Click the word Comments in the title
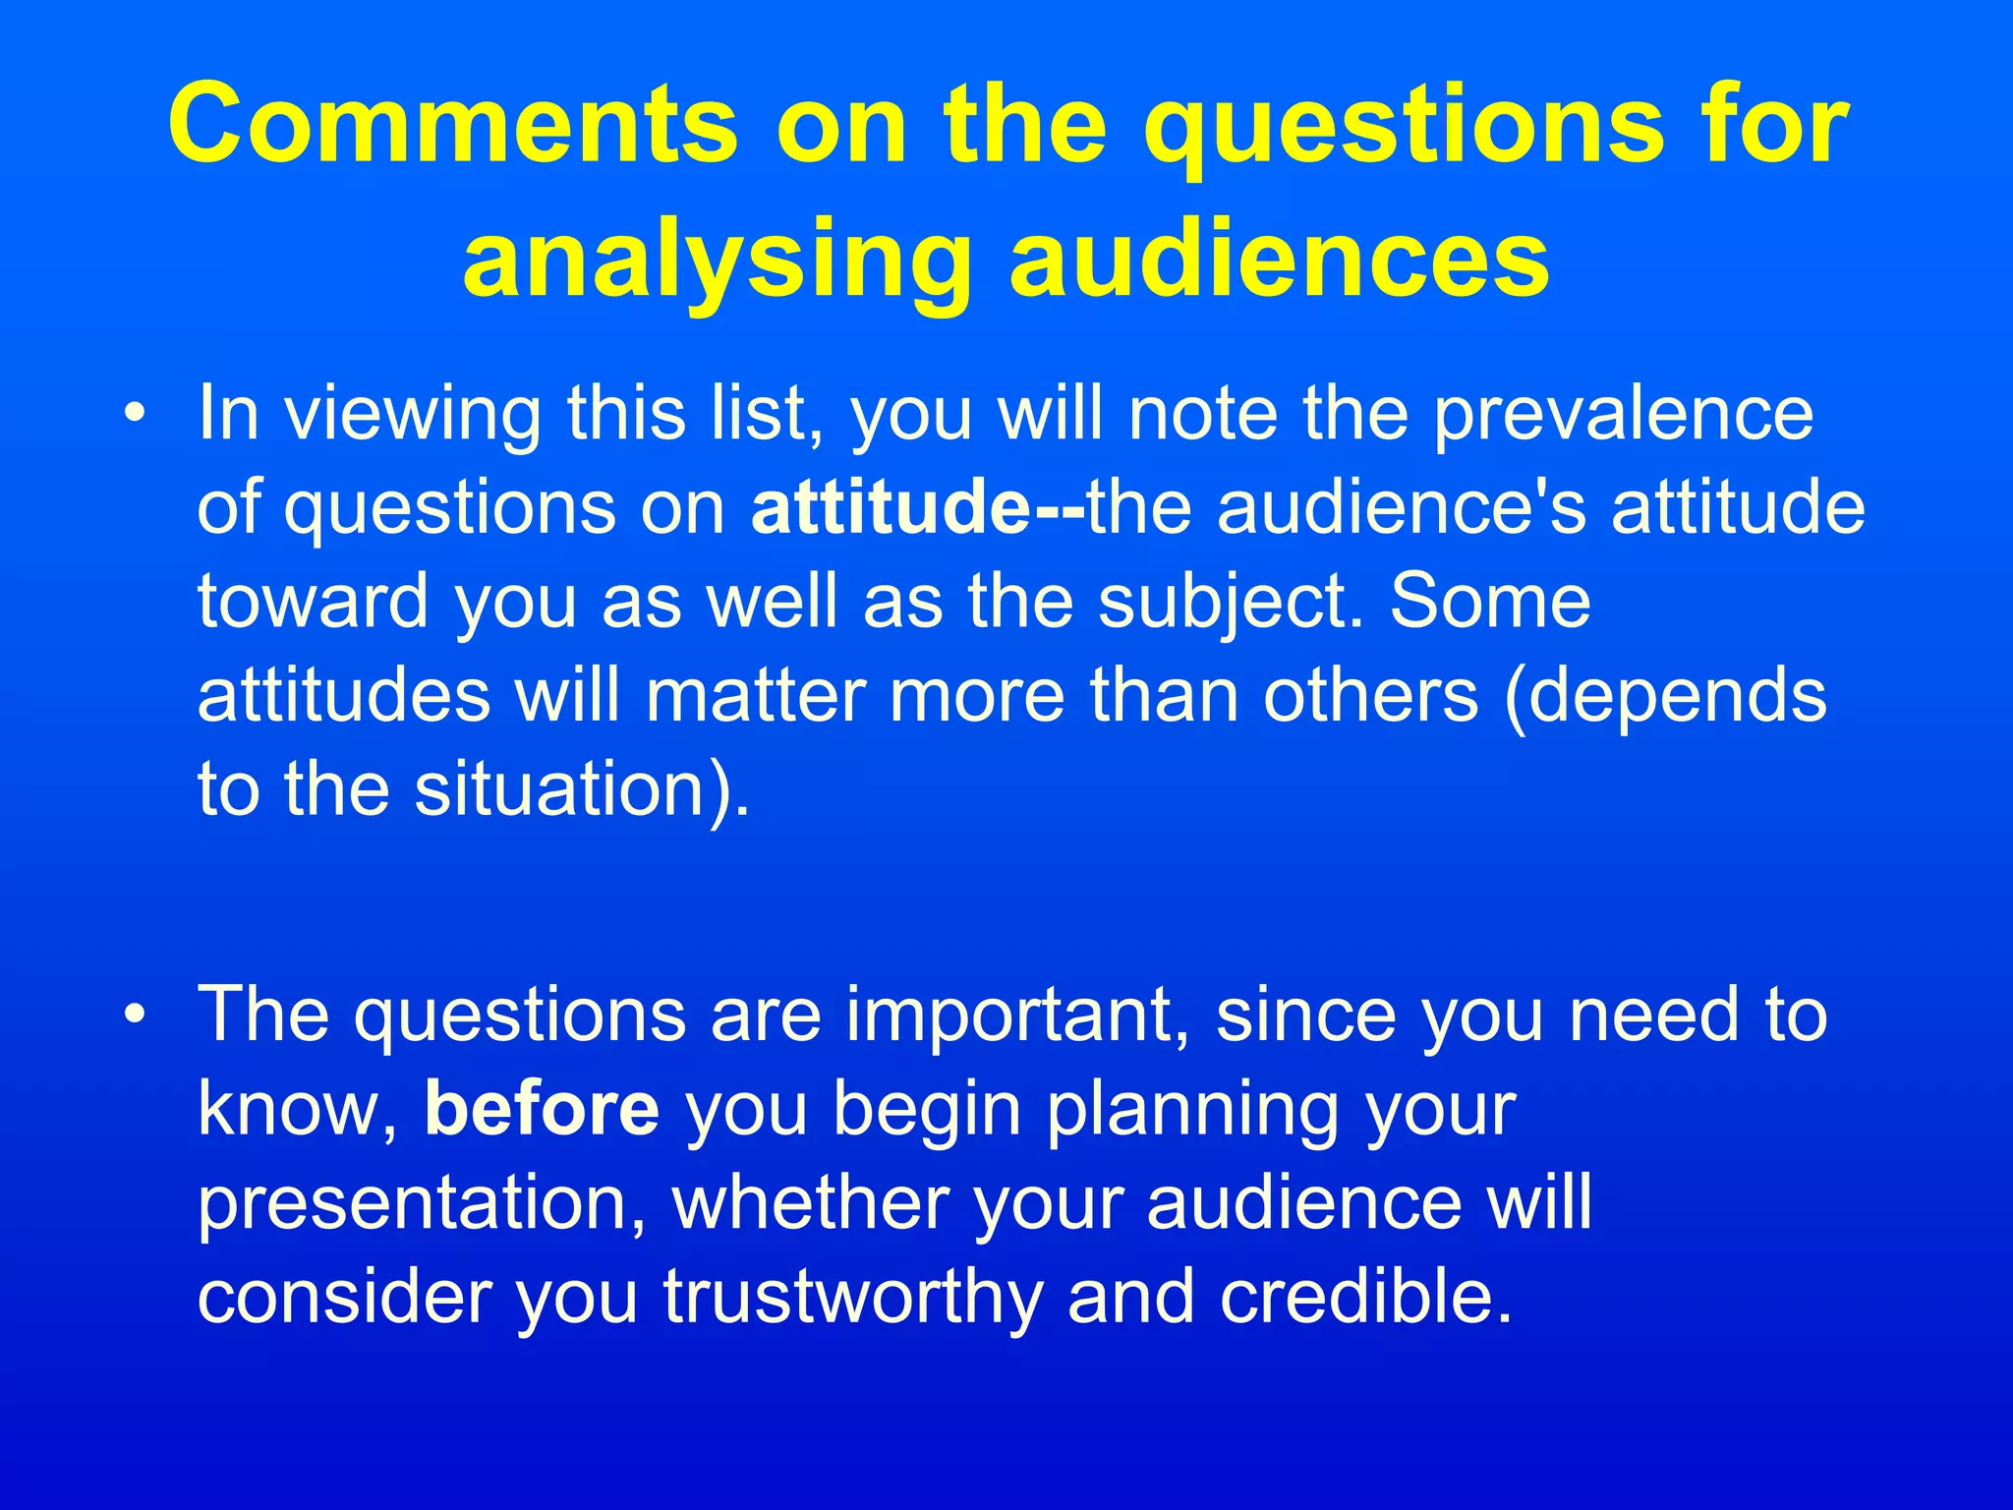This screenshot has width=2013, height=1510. tap(452, 126)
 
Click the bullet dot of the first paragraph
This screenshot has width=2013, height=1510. tap(135, 412)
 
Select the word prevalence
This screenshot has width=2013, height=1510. tap(1622, 414)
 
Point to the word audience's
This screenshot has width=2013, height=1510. tap(1402, 508)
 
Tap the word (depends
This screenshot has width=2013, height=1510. tap(1665, 695)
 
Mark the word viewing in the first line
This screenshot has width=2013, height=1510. tap(412, 414)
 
